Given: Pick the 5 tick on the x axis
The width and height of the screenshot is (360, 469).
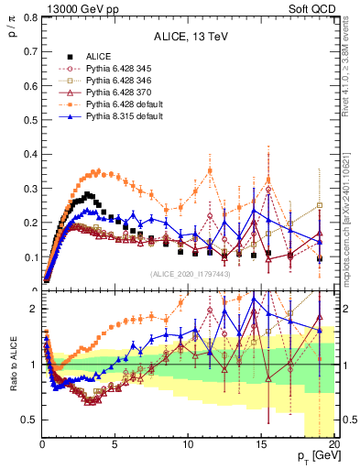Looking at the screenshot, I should coord(115,444).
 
